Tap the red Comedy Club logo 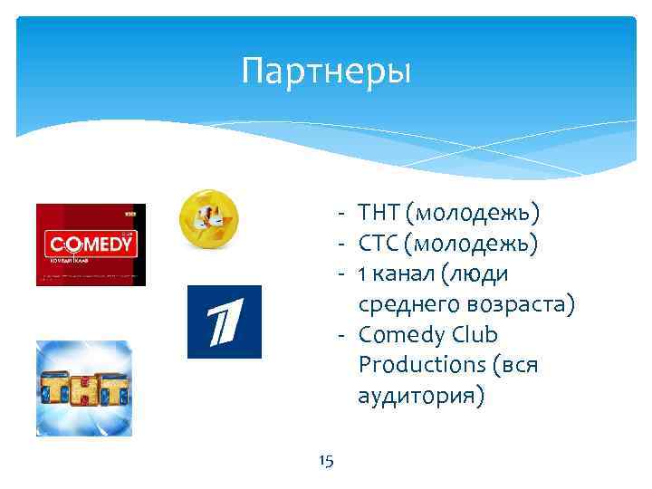[x=91, y=244]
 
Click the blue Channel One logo [x=224, y=321]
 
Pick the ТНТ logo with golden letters [x=83, y=388]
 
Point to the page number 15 [x=326, y=462]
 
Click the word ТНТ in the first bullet [x=379, y=214]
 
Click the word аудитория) [x=421, y=396]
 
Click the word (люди [x=479, y=274]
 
